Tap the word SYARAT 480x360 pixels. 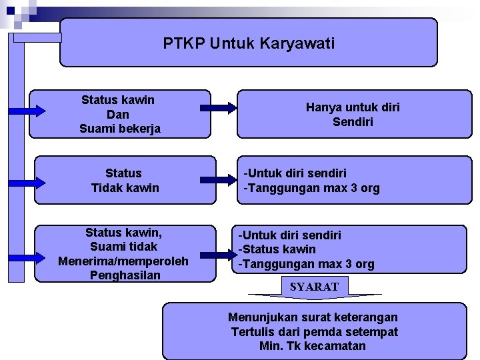[x=314, y=287]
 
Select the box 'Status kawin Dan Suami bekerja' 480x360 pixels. [x=119, y=114]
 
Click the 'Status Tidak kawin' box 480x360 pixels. [x=125, y=180]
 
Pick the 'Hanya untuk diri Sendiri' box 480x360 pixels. [x=353, y=114]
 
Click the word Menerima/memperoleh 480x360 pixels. [x=123, y=261]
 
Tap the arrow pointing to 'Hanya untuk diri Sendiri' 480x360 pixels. [x=218, y=107]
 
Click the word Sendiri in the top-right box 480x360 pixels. [x=353, y=122]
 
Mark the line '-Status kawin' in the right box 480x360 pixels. [x=277, y=249]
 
